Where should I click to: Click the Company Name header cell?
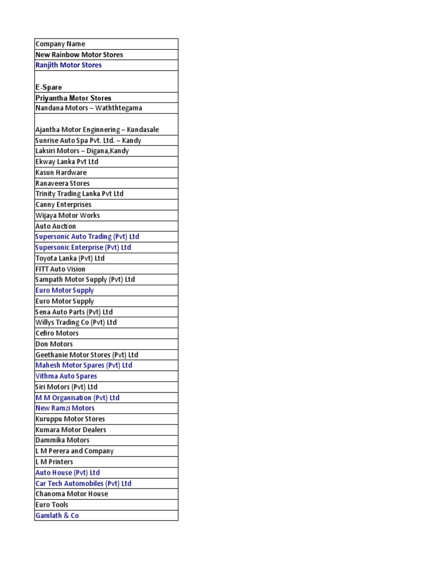pyautogui.click(x=61, y=44)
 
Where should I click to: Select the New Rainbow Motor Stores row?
pyautogui.click(x=79, y=55)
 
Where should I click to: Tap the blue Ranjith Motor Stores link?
pyautogui.click(x=68, y=65)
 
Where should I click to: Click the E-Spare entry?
pyautogui.click(x=49, y=87)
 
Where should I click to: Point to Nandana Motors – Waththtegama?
pyautogui.click(x=88, y=108)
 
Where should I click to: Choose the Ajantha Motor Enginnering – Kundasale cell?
pyautogui.click(x=97, y=130)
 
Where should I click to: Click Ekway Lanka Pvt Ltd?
pyautogui.click(x=67, y=162)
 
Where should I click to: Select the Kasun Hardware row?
pyautogui.click(x=61, y=172)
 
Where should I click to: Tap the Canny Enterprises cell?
pyautogui.click(x=63, y=205)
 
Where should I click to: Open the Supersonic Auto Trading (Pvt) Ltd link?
pyautogui.click(x=87, y=237)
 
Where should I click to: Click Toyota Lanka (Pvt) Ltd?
pyautogui.click(x=70, y=258)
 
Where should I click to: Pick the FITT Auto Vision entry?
pyautogui.click(x=60, y=269)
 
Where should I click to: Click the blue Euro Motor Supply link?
pyautogui.click(x=65, y=290)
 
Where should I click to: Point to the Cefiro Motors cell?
pyautogui.click(x=57, y=333)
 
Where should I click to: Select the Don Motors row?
pyautogui.click(x=54, y=344)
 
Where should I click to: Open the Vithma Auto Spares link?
pyautogui.click(x=66, y=376)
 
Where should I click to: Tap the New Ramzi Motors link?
pyautogui.click(x=65, y=408)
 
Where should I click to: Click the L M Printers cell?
pyautogui.click(x=54, y=462)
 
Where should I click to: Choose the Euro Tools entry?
pyautogui.click(x=52, y=505)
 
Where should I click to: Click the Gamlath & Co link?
pyautogui.click(x=57, y=515)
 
